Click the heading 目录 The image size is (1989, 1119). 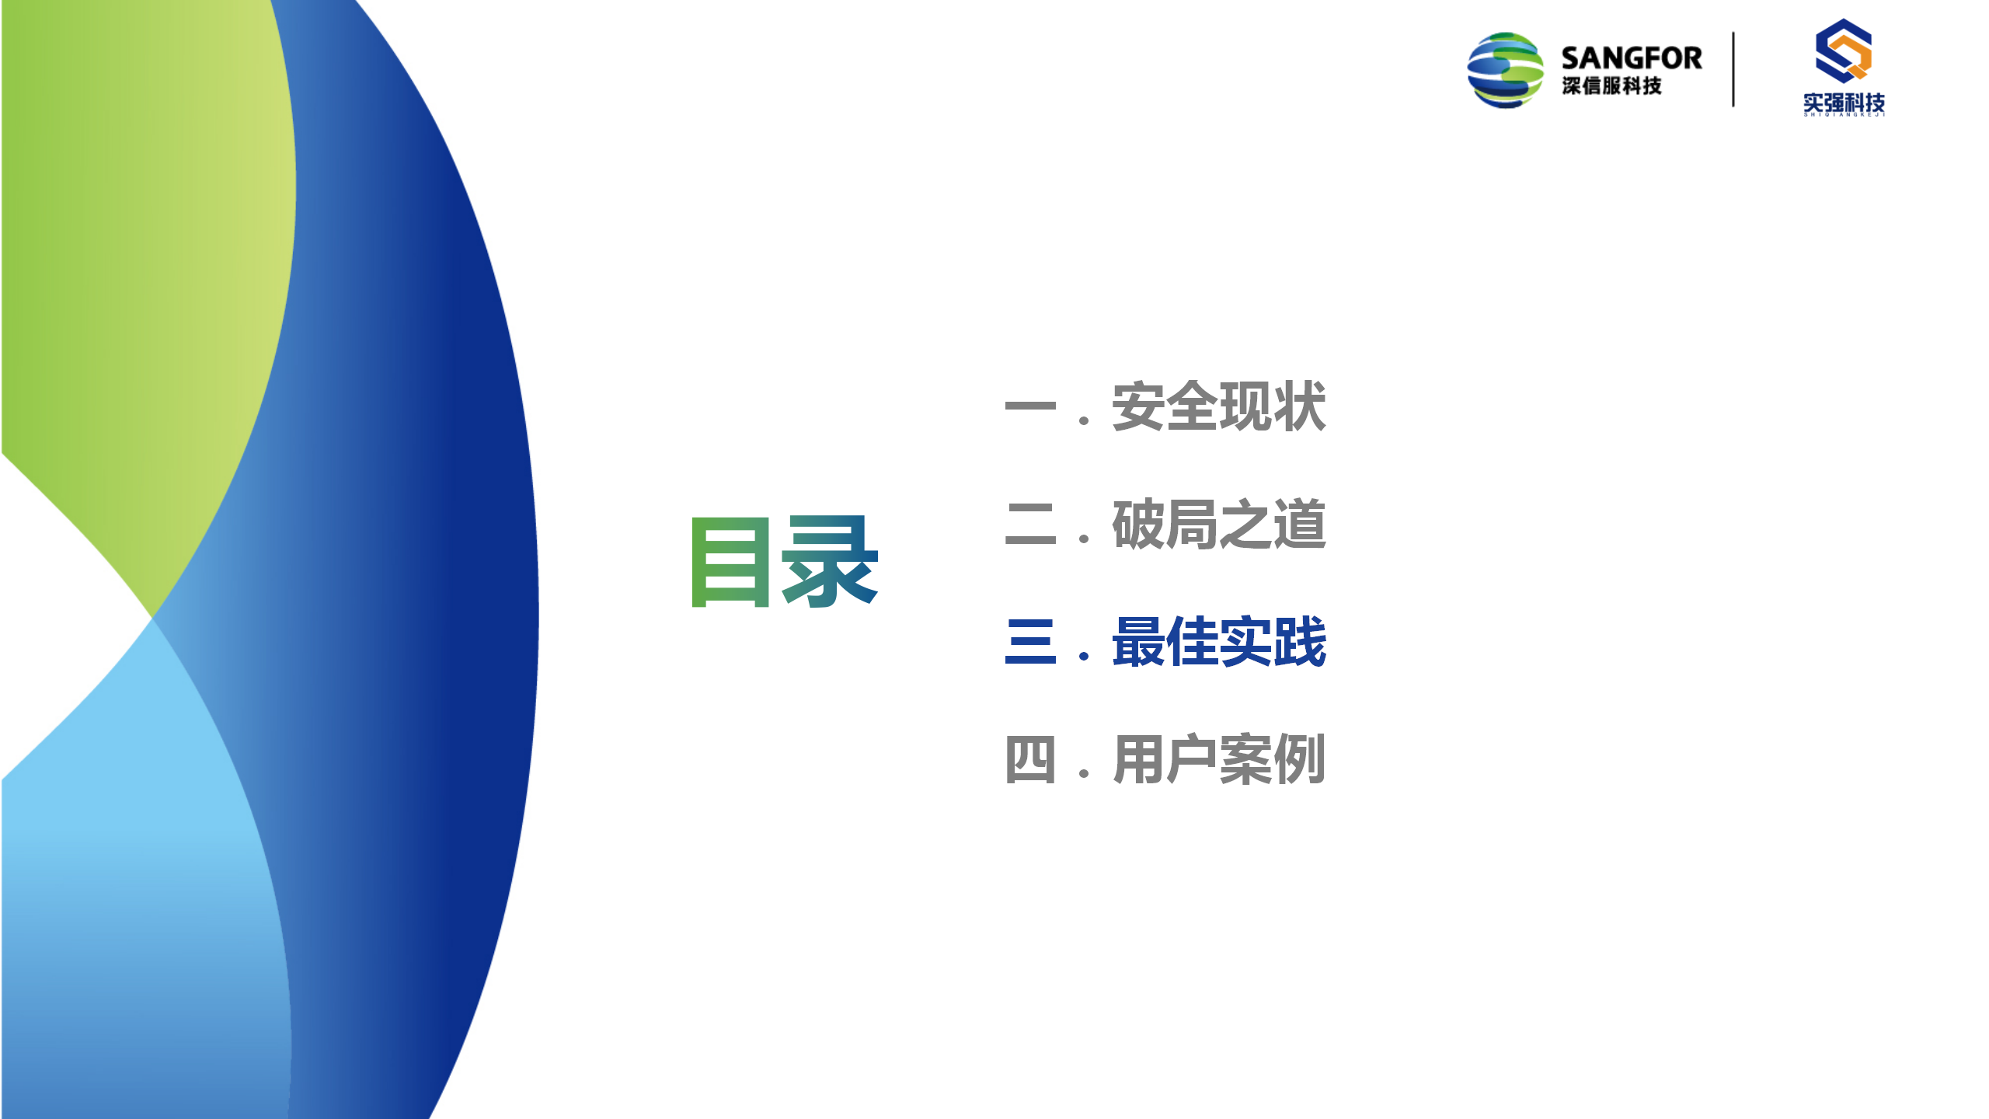click(785, 561)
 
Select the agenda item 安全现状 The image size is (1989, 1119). click(1219, 406)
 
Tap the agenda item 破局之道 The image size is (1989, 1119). click(1219, 525)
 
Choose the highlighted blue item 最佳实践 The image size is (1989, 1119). click(1219, 642)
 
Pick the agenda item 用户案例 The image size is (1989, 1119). click(1219, 759)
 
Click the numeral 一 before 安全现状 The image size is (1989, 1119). click(1030, 406)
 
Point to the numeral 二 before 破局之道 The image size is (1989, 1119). click(1030, 525)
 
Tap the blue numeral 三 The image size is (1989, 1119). click(1030, 642)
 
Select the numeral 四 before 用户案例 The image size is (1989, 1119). click(1030, 759)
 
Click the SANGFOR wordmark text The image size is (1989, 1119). click(1632, 58)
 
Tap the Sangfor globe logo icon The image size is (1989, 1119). click(1505, 70)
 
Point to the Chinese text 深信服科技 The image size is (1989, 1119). click(1612, 85)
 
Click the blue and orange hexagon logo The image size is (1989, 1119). click(1844, 51)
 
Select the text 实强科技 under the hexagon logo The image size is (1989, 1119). click(1844, 103)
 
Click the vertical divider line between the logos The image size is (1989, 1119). click(1733, 69)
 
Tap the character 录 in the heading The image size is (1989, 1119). click(830, 561)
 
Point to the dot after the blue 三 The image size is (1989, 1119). click(1084, 657)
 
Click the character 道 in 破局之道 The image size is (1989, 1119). click(1299, 525)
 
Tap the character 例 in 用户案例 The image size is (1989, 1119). click(1299, 759)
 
